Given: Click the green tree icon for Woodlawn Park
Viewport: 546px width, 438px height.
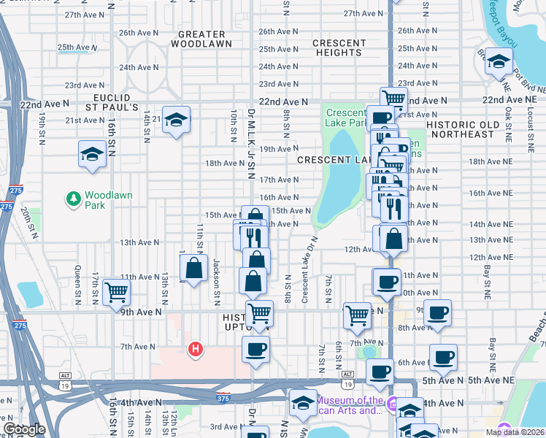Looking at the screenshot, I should pyautogui.click(x=73, y=198).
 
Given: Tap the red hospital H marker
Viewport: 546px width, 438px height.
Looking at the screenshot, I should pyautogui.click(x=195, y=350).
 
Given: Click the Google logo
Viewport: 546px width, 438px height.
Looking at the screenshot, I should pyautogui.click(x=24, y=430).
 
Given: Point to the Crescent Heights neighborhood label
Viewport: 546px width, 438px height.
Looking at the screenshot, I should pyautogui.click(x=339, y=47).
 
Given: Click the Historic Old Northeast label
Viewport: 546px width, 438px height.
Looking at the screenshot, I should pyautogui.click(x=463, y=129).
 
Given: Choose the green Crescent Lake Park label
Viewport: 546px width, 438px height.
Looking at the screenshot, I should pyautogui.click(x=346, y=118).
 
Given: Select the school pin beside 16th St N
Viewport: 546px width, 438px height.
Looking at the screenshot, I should pyautogui.click(x=93, y=154).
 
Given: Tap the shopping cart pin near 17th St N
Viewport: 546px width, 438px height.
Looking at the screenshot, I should pyautogui.click(x=116, y=292).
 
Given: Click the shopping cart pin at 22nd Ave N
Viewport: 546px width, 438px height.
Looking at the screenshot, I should pyautogui.click(x=393, y=99).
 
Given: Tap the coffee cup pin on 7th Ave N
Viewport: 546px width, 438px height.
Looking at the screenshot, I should pyautogui.click(x=255, y=349).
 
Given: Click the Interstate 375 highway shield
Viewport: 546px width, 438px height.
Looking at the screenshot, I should pyautogui.click(x=224, y=399).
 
